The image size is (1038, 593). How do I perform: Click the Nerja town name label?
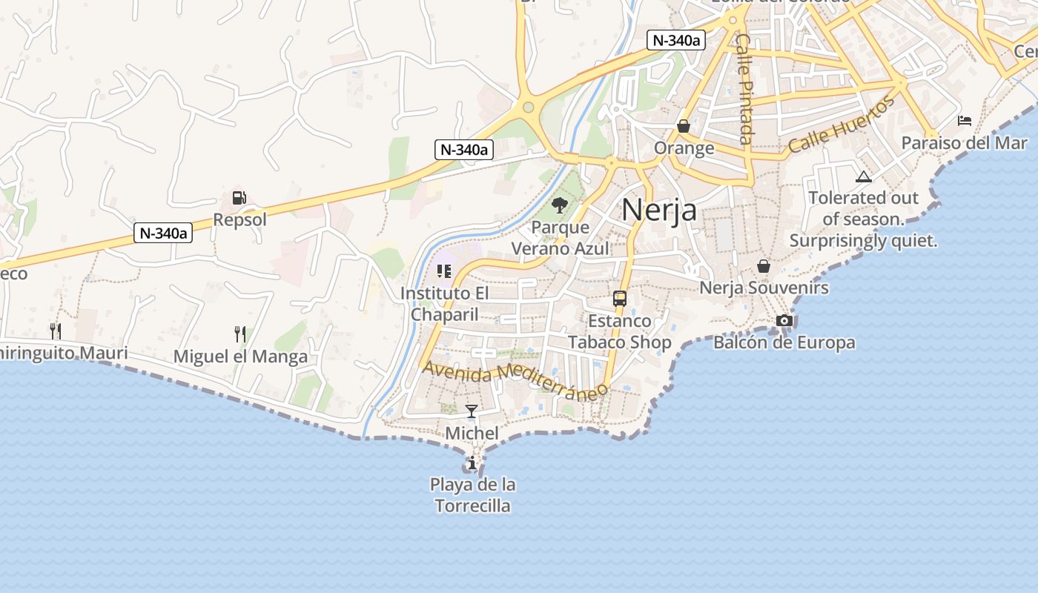(659, 210)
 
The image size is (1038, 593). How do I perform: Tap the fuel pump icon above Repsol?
(239, 198)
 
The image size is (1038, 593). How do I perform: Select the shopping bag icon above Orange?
(684, 126)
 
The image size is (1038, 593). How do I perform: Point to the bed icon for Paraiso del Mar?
(964, 120)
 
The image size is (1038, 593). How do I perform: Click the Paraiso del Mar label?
(964, 142)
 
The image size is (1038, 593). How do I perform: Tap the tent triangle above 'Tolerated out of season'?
(863, 176)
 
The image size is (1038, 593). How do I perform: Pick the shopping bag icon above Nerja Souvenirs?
(764, 266)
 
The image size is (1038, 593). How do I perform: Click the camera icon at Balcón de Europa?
(784, 320)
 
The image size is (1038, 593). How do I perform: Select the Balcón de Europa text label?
(784, 342)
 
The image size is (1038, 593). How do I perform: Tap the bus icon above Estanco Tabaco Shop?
(620, 299)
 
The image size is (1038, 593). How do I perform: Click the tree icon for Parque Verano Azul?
(560, 205)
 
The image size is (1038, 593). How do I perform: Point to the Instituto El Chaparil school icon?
(444, 271)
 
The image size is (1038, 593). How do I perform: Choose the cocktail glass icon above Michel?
(472, 411)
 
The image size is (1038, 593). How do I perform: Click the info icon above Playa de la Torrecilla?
(472, 463)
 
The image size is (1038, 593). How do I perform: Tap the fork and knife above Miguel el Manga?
(240, 334)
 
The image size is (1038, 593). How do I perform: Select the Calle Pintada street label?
(744, 89)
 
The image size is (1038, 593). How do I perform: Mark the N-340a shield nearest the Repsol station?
(163, 233)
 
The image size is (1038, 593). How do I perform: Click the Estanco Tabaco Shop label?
(620, 331)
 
